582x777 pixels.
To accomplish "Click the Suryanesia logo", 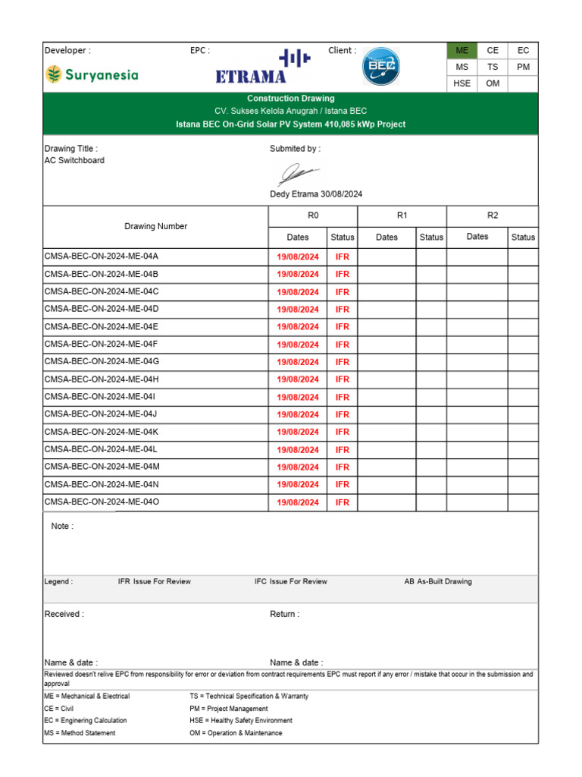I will click(92, 74).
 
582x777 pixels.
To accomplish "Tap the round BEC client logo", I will click(380, 68).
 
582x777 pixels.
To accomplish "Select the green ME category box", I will click(462, 51).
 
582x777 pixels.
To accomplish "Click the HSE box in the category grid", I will click(462, 83).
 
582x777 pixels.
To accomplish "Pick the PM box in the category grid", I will click(523, 67).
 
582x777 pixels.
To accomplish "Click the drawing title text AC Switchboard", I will click(74, 161).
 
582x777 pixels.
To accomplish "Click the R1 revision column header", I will click(402, 215).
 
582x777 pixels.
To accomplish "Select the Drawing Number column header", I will click(155, 226).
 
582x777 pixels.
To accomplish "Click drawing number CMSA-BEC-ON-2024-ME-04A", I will click(102, 256).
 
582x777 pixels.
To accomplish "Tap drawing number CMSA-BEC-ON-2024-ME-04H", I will click(102, 379).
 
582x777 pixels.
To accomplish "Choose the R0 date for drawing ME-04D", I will click(297, 310).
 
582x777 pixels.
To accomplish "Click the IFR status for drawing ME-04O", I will click(342, 502).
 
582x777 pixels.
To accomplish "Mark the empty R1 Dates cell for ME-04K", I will click(386, 432).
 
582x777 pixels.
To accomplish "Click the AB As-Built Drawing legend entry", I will click(437, 581).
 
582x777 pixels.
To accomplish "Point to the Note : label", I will click(62, 526).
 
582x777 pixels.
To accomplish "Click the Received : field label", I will click(64, 614).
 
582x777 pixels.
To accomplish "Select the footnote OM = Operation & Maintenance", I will click(236, 733).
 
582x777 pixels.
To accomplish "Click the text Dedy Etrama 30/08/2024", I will click(316, 194).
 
